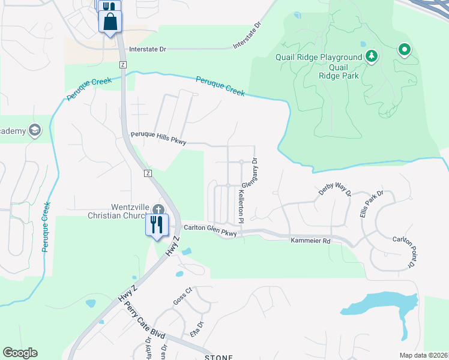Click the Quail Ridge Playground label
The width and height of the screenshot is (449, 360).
tap(319, 58)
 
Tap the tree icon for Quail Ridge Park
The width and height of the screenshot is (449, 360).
tap(372, 57)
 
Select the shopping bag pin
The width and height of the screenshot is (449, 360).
tap(110, 23)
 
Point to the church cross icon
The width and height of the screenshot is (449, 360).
tap(158, 209)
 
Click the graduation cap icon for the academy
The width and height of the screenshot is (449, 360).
tap(34, 130)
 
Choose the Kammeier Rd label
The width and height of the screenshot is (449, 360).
tap(310, 241)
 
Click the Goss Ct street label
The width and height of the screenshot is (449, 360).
tap(182, 296)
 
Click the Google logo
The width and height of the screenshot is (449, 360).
tap(20, 353)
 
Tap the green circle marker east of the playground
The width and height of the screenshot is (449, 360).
tap(405, 49)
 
